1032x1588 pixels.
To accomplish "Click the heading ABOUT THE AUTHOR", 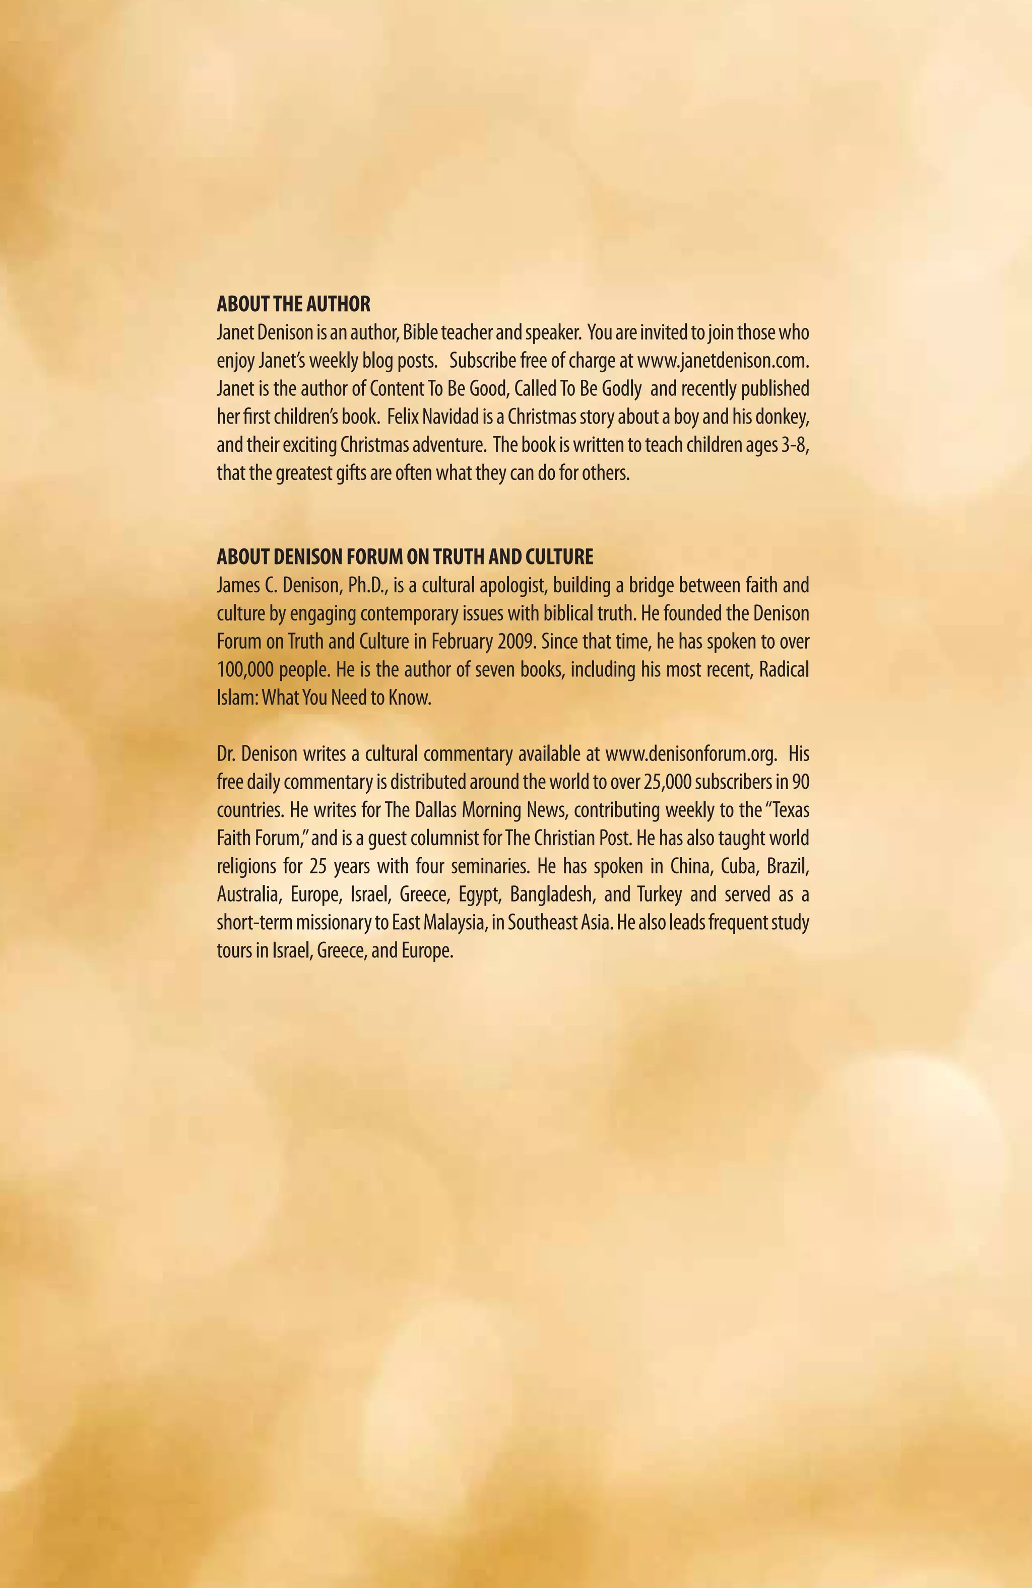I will coord(293,304).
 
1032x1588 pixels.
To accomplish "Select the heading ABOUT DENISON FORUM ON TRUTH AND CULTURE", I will coord(405,557).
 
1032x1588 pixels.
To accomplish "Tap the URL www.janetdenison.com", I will coord(723,361).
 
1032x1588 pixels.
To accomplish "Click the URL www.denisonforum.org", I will coord(691,754).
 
